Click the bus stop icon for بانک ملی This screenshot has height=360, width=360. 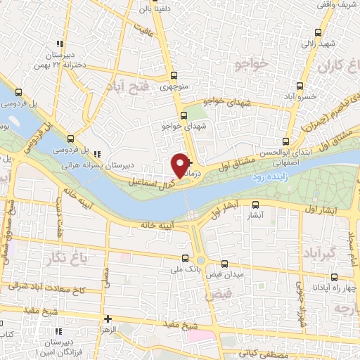click(185, 258)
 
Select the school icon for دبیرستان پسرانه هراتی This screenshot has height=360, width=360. click(97, 153)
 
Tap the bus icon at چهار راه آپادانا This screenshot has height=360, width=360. click(335, 278)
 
